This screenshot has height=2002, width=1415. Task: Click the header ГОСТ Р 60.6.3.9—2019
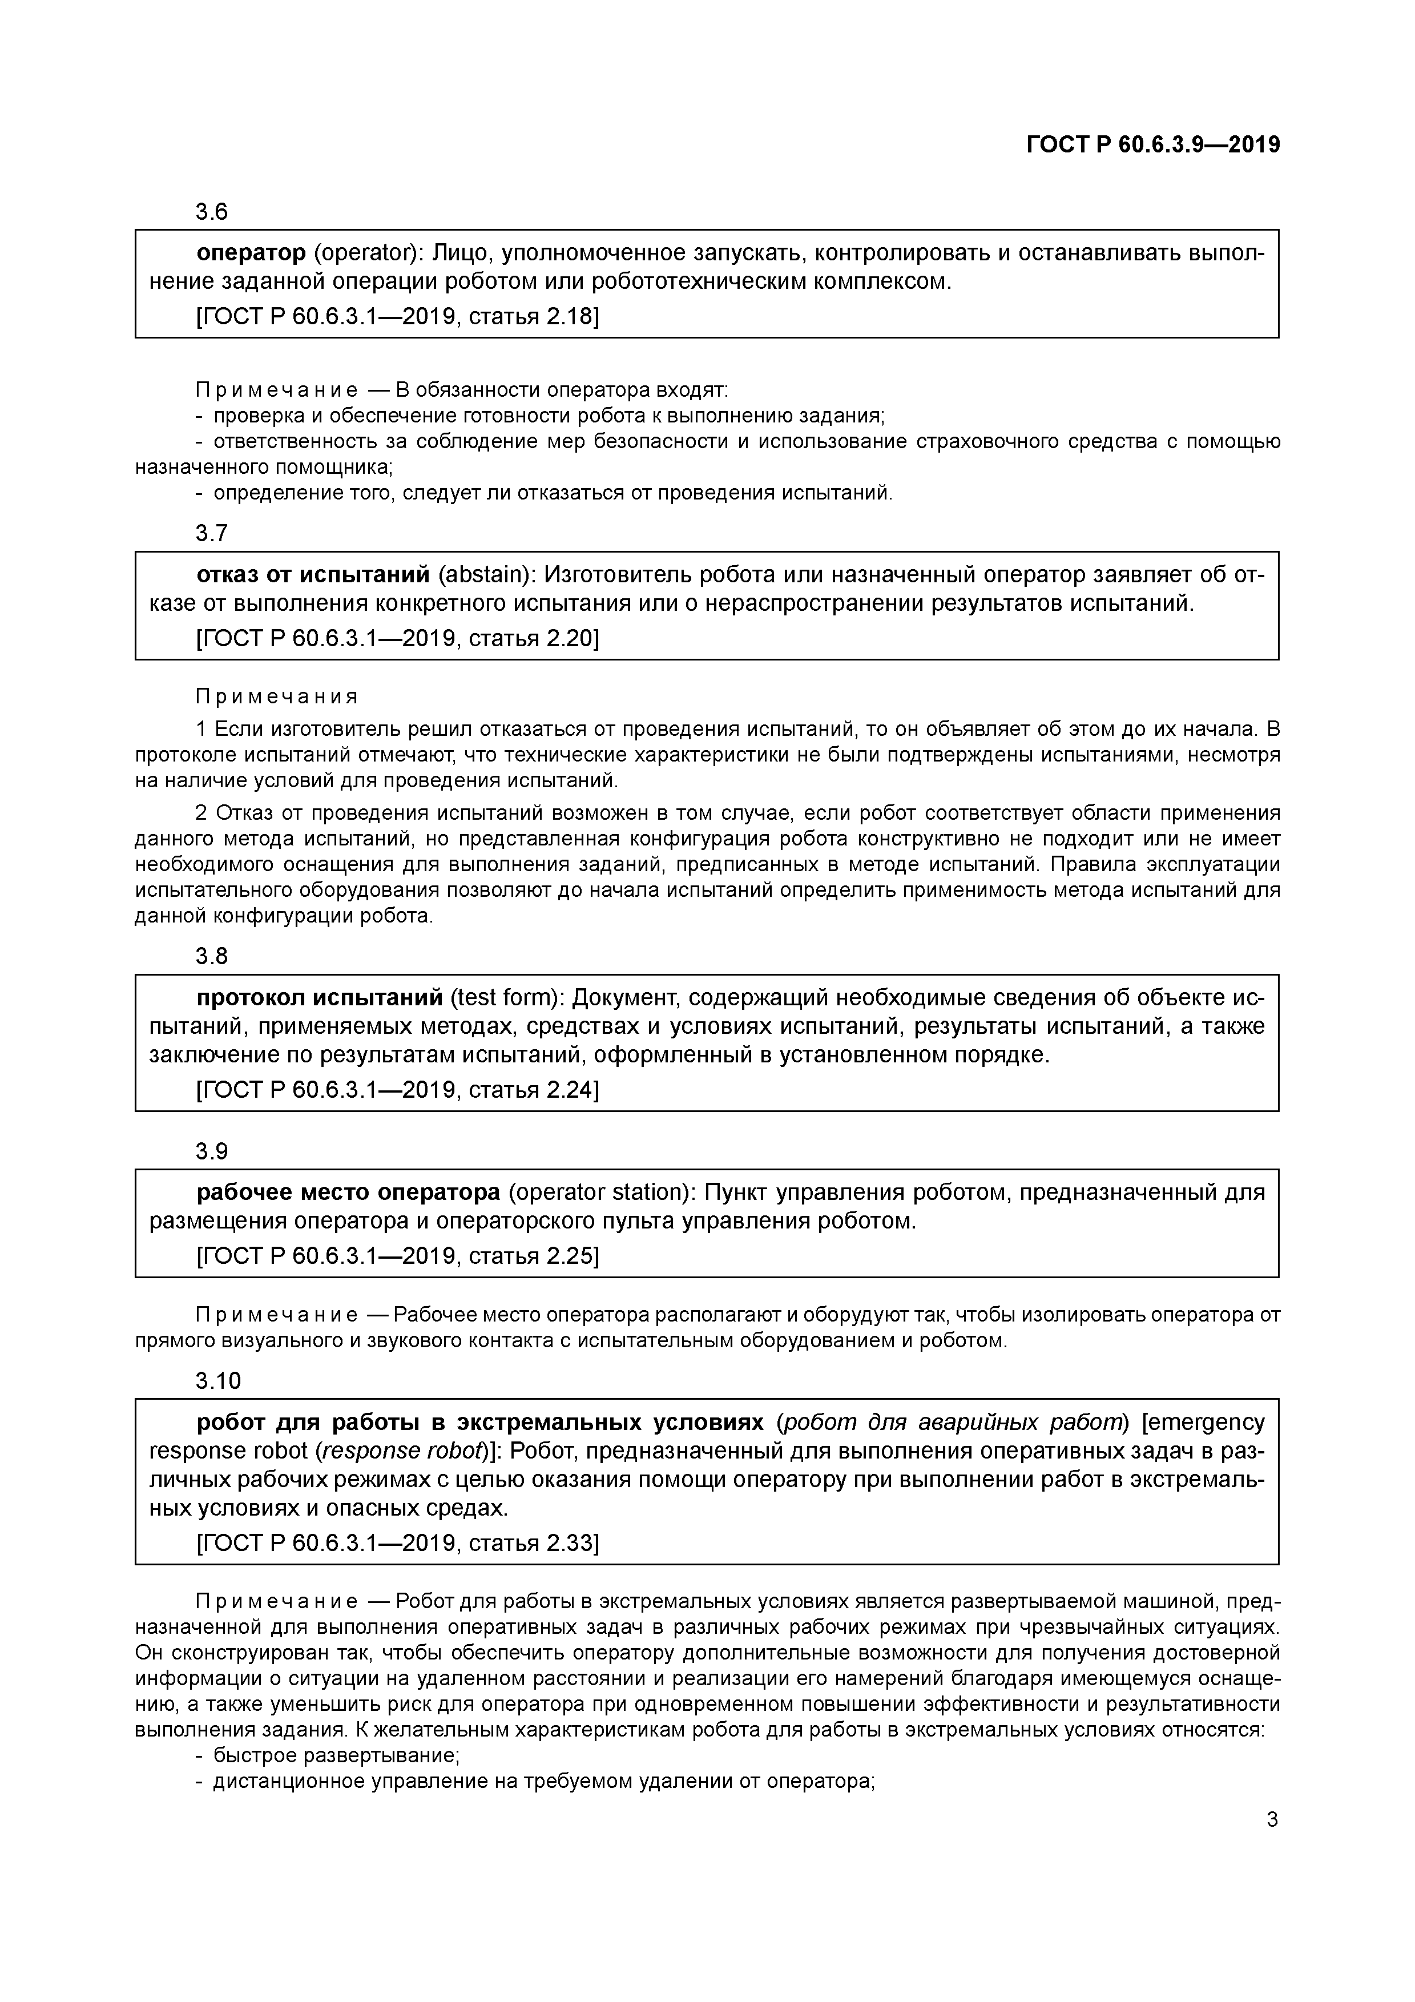click(x=1152, y=146)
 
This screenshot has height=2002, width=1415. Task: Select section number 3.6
click(x=211, y=212)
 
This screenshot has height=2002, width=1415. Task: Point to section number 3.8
click(x=211, y=957)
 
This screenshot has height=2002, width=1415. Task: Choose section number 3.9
click(x=211, y=1152)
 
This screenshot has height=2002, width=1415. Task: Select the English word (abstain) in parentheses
click(x=485, y=575)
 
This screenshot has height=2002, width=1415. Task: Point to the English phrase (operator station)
click(x=600, y=1193)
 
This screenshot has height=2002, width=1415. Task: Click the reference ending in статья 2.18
click(x=398, y=316)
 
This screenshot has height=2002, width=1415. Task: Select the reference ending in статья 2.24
click(x=398, y=1090)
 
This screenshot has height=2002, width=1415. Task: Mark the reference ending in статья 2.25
click(x=398, y=1256)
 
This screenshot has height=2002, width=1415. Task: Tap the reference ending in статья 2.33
click(x=398, y=1544)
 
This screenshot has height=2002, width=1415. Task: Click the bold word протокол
click(x=251, y=998)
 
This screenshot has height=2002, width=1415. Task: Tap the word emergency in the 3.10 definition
click(x=1203, y=1423)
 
